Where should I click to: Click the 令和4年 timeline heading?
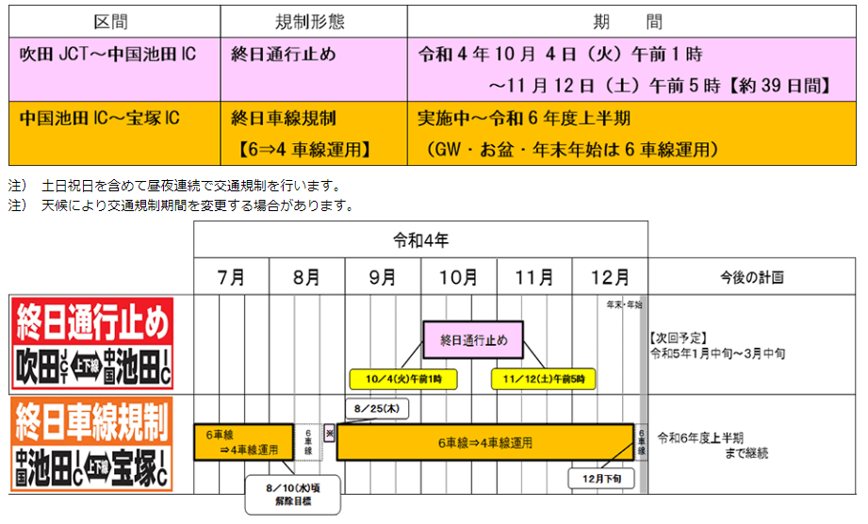(x=420, y=239)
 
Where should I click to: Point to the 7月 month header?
(x=231, y=277)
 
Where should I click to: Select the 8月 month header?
(x=306, y=277)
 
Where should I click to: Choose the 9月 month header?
(x=383, y=277)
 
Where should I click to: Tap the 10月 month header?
(x=458, y=277)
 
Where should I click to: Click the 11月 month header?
(x=534, y=277)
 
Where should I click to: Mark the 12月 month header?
(x=610, y=277)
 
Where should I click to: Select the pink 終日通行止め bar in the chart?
(x=472, y=339)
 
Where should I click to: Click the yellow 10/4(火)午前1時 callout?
(x=401, y=379)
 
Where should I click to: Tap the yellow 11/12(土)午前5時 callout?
(x=543, y=379)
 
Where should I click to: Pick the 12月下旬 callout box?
(x=600, y=479)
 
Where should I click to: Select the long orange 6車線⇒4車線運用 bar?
(x=484, y=442)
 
